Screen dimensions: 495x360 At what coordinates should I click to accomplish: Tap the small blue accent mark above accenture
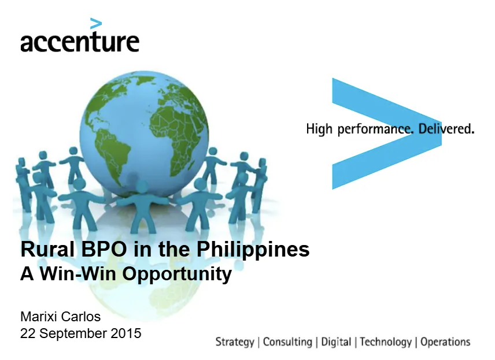pyautogui.click(x=96, y=24)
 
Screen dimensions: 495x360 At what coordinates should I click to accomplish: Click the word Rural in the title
pyautogui.click(x=48, y=249)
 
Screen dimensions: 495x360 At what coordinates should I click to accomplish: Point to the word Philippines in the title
pyautogui.click(x=253, y=250)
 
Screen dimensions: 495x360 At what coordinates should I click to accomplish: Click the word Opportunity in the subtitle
pyautogui.click(x=177, y=274)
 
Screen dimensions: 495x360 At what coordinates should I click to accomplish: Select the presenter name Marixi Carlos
pyautogui.click(x=60, y=317)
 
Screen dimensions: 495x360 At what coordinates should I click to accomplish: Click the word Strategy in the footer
pyautogui.click(x=235, y=342)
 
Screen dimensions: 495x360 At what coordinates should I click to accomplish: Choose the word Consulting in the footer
pyautogui.click(x=287, y=342)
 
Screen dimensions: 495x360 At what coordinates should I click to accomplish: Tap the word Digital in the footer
pyautogui.click(x=336, y=342)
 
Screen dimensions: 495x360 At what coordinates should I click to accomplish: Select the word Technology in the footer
pyautogui.click(x=386, y=342)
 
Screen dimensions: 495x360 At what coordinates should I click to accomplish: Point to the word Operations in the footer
pyautogui.click(x=445, y=342)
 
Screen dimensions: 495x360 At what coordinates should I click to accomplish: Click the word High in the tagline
pyautogui.click(x=319, y=129)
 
